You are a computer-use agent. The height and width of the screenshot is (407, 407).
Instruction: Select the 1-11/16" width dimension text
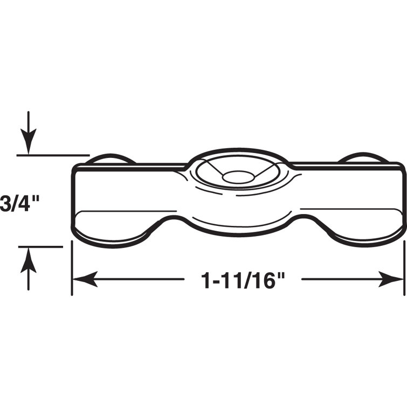coord(242,280)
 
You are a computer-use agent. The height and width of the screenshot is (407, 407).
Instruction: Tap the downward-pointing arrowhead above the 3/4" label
coord(29,143)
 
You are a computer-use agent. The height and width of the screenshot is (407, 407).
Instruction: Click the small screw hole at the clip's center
coord(237,176)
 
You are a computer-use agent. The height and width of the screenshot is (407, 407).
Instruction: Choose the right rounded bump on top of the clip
coord(362,158)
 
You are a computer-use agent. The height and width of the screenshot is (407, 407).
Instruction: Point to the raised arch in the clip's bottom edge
coord(237,229)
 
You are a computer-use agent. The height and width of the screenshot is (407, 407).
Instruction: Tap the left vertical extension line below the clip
coord(72,270)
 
